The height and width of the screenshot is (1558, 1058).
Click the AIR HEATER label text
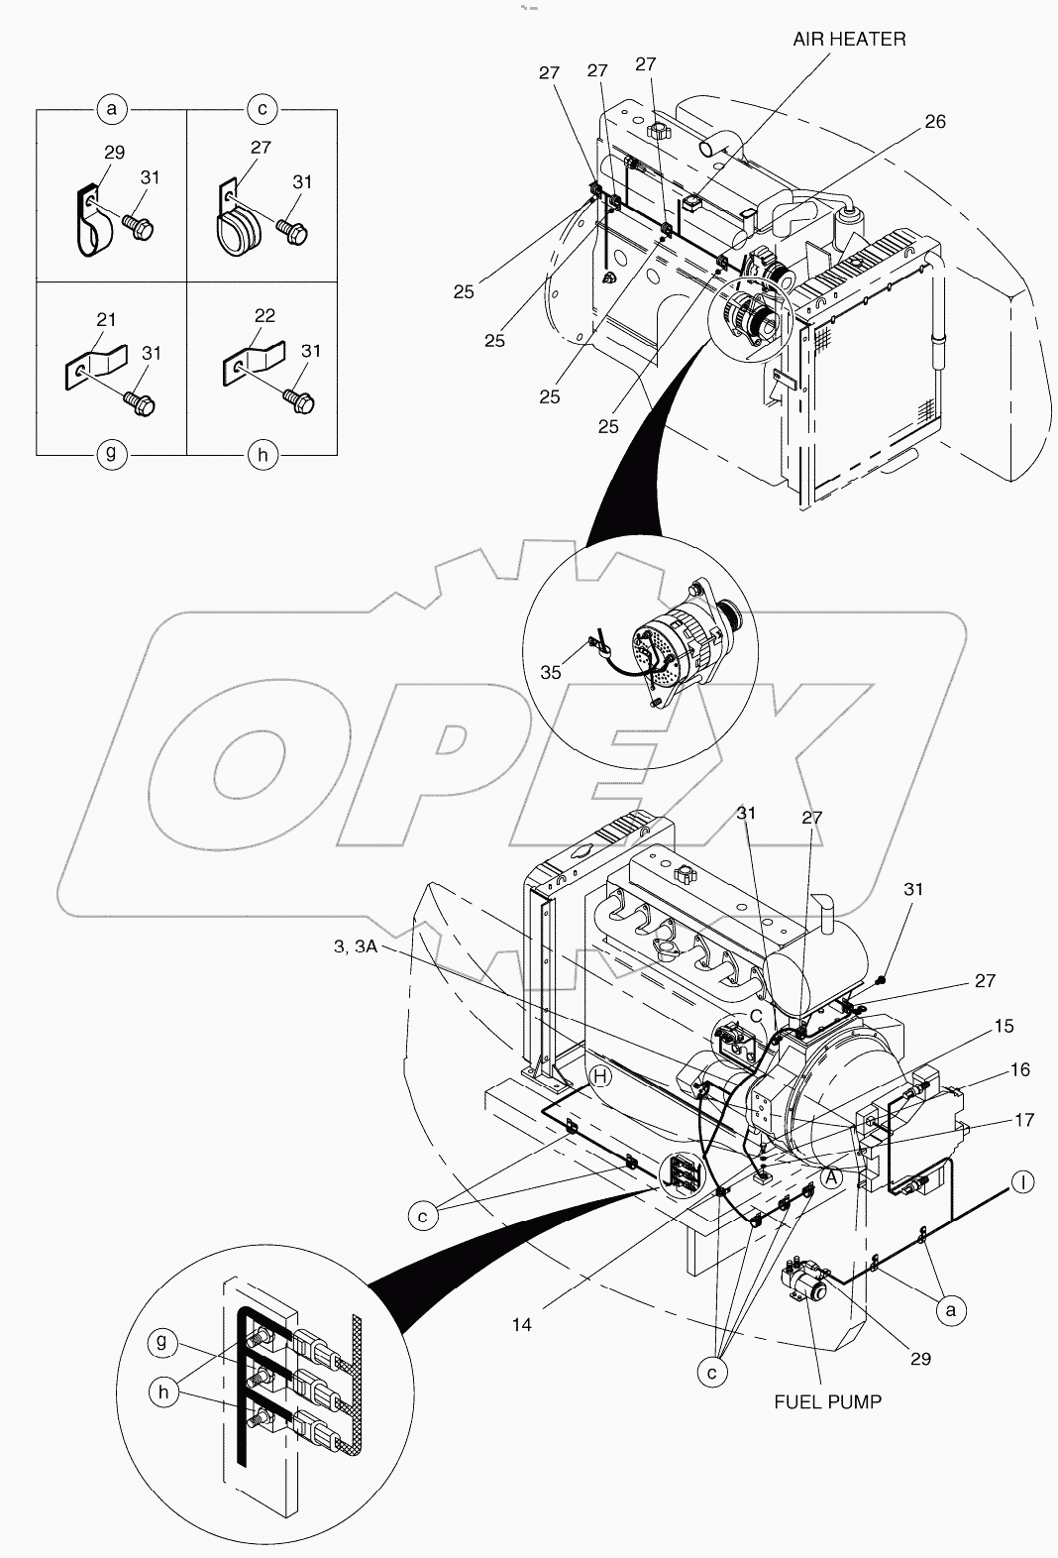849,40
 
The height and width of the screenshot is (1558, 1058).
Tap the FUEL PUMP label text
828,1401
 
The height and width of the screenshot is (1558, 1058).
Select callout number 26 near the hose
935,122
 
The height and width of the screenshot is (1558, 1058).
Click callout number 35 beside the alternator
551,673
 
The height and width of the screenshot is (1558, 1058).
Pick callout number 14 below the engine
522,1324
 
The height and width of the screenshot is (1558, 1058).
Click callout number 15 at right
1004,1026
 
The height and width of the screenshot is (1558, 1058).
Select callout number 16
1019,1069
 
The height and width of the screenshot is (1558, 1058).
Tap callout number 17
1024,1120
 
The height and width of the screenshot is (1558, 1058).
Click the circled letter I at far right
1022,1181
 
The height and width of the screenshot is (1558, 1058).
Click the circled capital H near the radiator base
599,1076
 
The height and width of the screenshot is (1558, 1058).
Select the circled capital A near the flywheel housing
831,1177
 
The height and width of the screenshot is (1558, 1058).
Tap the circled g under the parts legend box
111,454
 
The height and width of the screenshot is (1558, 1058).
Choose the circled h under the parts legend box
262,455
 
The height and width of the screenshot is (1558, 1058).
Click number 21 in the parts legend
106,319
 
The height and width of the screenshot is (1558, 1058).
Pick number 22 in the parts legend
264,314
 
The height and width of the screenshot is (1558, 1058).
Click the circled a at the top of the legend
112,109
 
